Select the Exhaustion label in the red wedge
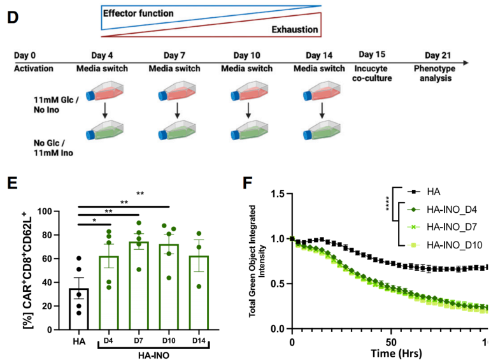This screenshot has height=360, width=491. click(295, 29)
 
